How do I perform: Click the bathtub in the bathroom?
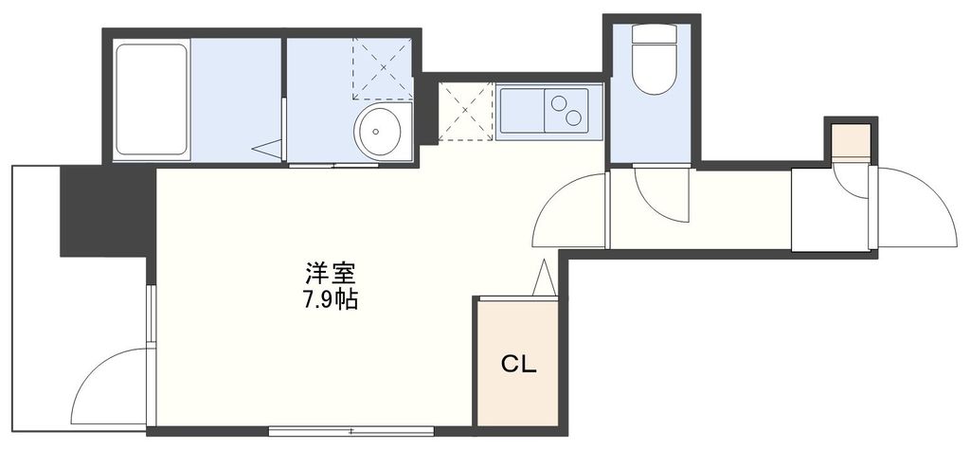(x=151, y=99)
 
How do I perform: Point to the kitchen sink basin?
(x=521, y=112)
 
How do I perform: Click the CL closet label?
(x=518, y=363)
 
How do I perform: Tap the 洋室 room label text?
(x=330, y=275)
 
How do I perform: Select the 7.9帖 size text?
(x=330, y=301)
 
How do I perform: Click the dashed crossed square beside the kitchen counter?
(x=466, y=112)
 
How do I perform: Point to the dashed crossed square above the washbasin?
(x=383, y=68)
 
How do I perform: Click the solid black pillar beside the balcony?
(x=104, y=210)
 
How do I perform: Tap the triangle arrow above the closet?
(x=544, y=279)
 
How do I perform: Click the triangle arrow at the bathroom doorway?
(x=270, y=149)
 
